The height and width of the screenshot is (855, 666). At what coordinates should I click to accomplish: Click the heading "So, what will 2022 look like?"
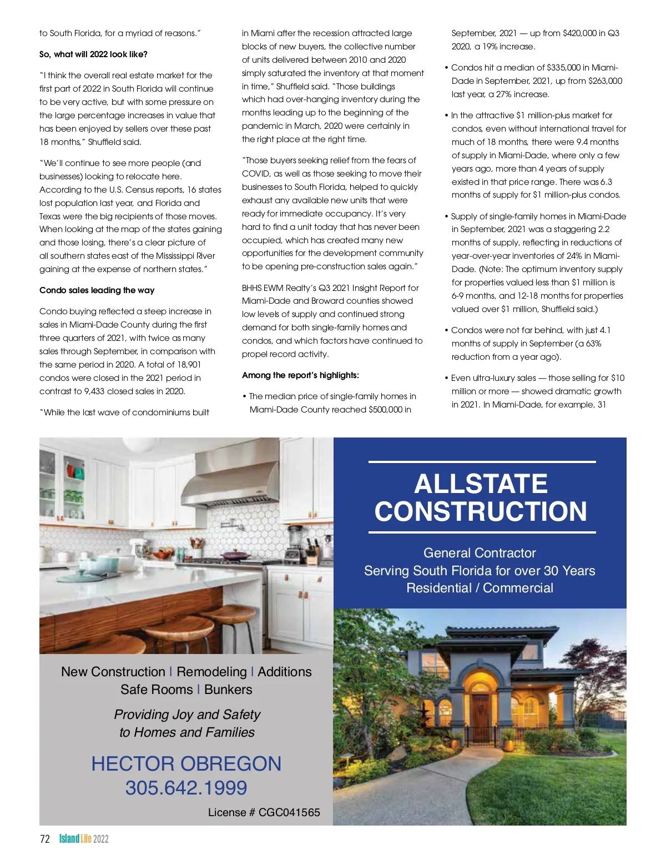pos(93,54)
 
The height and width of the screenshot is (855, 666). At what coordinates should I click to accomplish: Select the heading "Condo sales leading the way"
pos(97,290)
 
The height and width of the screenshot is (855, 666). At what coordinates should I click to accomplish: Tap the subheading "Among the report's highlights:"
pos(300,375)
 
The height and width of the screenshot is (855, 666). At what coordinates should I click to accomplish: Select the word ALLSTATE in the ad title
pos(481,484)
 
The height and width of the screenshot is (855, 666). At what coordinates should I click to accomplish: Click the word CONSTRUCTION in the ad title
pos(481,511)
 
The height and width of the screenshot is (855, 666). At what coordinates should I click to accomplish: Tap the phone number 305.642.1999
pos(186,788)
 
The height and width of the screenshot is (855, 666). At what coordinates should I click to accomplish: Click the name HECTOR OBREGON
pos(186,764)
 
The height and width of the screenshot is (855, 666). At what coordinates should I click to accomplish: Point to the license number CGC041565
pos(289,813)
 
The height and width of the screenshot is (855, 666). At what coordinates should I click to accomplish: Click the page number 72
pos(45,839)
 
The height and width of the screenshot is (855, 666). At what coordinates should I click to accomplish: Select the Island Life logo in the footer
pos(84,839)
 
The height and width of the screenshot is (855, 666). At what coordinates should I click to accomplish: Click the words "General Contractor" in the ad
pos(480,553)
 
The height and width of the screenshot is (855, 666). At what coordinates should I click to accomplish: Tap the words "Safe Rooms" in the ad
pos(157,690)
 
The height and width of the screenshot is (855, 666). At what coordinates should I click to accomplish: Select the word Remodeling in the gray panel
pos(211,672)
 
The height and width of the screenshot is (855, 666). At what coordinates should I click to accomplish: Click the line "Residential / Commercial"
pos(480,588)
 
